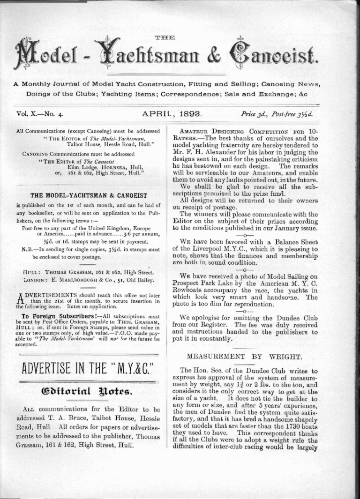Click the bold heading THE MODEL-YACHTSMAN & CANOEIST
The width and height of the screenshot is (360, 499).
89,196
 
